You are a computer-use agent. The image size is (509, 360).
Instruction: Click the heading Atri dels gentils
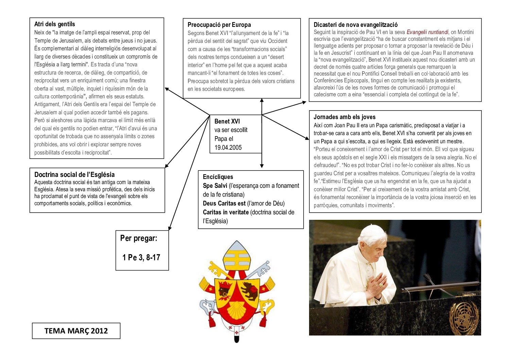pyautogui.click(x=54, y=24)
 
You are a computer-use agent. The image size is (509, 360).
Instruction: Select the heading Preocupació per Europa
pyautogui.click(x=219, y=25)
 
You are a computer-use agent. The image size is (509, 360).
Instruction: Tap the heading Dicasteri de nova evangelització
pyautogui.click(x=355, y=25)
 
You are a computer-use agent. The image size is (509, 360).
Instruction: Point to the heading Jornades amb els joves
pyautogui.click(x=344, y=117)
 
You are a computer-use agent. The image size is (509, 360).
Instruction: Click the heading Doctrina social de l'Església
pyautogui.click(x=74, y=175)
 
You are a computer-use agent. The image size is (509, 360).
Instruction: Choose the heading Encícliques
pyautogui.click(x=218, y=177)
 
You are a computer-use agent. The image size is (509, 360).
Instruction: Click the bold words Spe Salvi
pyautogui.click(x=215, y=186)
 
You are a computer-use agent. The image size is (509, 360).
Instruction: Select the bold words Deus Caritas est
pyautogui.click(x=224, y=203)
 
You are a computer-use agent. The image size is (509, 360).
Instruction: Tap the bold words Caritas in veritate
pyautogui.click(x=226, y=212)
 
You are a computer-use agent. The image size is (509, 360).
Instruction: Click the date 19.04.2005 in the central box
pyautogui.click(x=228, y=148)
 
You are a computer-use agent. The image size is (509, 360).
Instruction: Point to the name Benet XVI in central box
pyautogui.click(x=227, y=121)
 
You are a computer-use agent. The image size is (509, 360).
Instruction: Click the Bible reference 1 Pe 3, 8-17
pyautogui.click(x=141, y=258)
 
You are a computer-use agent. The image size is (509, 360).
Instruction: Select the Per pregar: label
pyautogui.click(x=139, y=238)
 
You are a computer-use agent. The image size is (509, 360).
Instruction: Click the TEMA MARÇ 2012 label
pyautogui.click(x=76, y=331)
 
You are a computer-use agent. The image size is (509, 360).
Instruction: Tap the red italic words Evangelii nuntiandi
pyautogui.click(x=427, y=32)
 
